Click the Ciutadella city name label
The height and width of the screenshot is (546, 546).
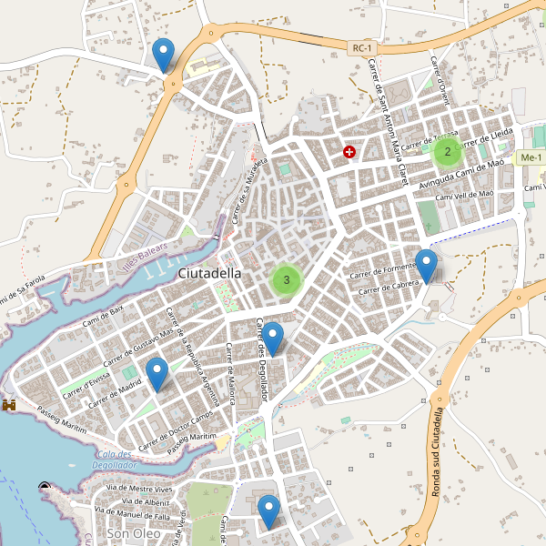pos(209,273)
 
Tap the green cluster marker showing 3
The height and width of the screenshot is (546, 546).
pos(287,279)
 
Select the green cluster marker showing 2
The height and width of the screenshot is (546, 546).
pos(447,151)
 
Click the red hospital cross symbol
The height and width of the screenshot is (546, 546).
pos(349,152)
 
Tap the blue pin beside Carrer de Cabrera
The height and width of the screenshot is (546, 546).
pos(426,267)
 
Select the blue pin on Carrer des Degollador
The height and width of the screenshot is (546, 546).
pos(273,339)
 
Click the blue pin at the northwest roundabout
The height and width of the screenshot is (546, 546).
pos(164,56)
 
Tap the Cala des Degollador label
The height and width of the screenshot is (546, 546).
pos(114,460)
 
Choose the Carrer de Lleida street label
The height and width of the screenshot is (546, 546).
pos(485,136)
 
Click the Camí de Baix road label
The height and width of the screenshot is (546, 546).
pos(103,315)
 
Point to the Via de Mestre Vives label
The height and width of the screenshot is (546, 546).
pos(139,490)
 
